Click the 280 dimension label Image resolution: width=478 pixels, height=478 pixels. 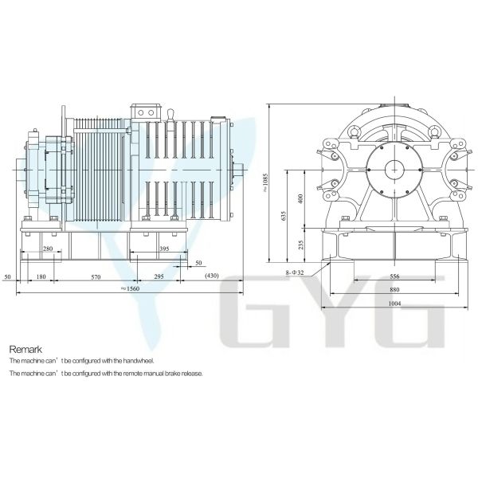pyautogui.click(x=49, y=249)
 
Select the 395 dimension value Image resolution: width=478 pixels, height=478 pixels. pyautogui.click(x=164, y=249)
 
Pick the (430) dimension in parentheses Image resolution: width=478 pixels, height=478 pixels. pyautogui.click(x=211, y=275)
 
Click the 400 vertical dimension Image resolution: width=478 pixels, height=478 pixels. pyautogui.click(x=299, y=199)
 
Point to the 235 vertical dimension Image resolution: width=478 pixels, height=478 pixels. pyautogui.click(x=299, y=245)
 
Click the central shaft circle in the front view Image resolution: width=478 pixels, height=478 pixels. pyautogui.click(x=396, y=169)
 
